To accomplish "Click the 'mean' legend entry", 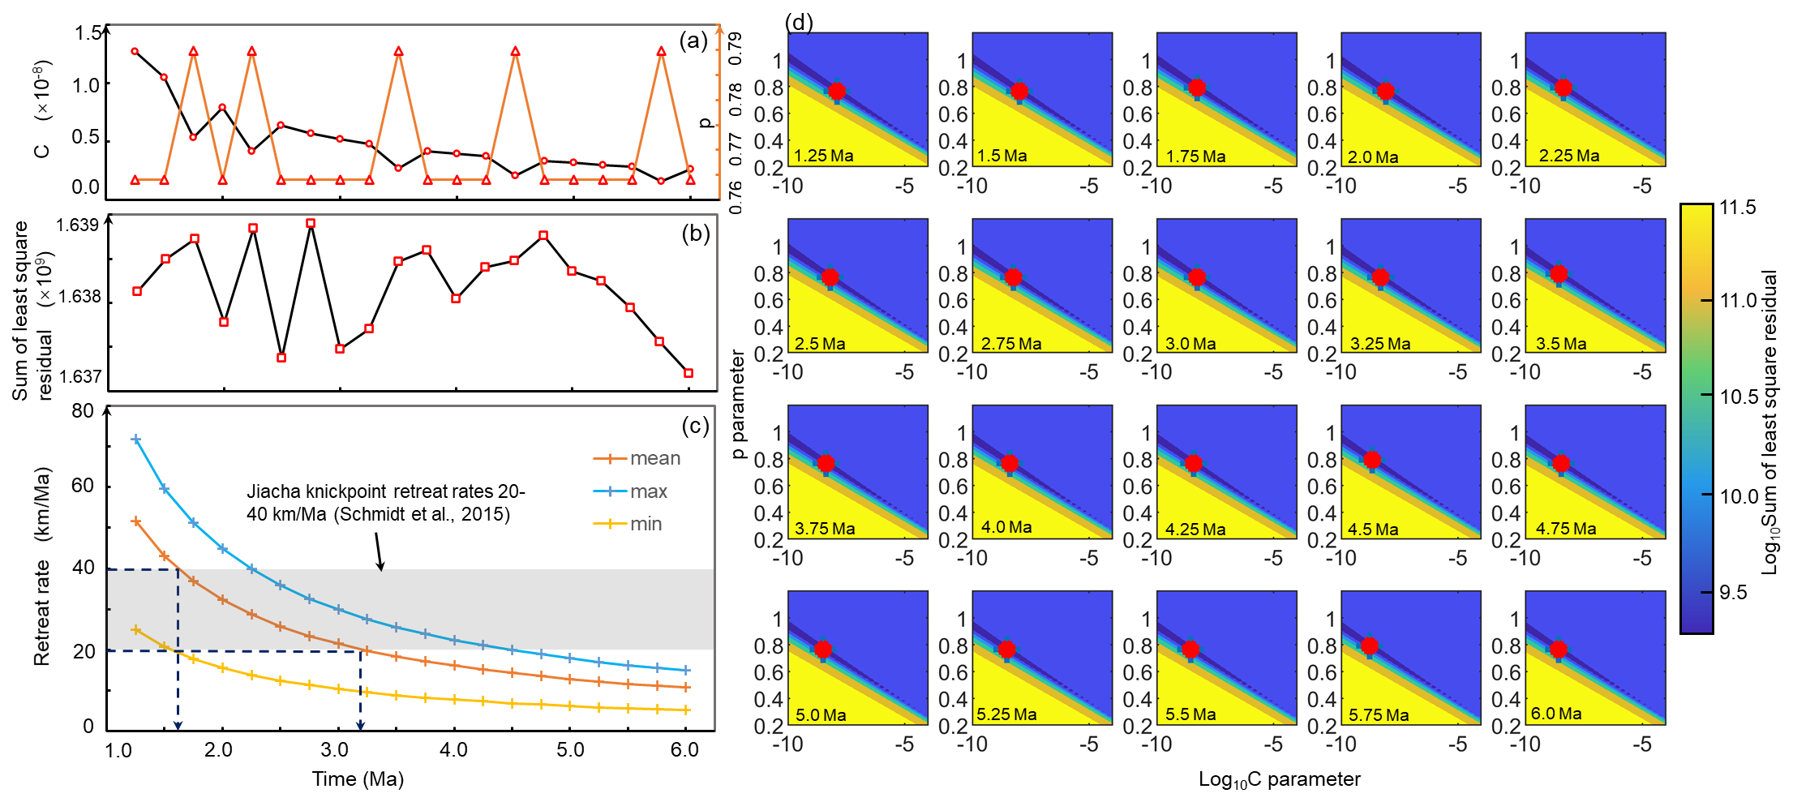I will (654, 459).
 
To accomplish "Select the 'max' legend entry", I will (648, 491).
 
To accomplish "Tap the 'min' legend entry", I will (646, 524).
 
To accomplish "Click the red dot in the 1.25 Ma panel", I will (837, 91).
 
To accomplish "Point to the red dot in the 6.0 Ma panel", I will (1558, 649).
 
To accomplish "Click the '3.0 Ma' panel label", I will (1190, 344).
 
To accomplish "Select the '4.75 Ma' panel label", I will (1565, 529).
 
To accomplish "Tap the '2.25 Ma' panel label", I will (1568, 156).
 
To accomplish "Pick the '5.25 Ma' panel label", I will (1006, 714).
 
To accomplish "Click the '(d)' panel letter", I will (799, 23).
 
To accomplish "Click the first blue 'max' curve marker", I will (136, 440).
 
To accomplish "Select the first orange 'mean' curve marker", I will (136, 521).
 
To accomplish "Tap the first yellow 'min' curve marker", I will (136, 629).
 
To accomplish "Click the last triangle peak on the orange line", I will (662, 51).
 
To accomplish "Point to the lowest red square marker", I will (688, 373).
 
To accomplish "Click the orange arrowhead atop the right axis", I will (719, 30).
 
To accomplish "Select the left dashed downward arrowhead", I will (178, 725).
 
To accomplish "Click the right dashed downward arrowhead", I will (361, 725).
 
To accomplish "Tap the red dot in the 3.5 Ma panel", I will (1559, 274).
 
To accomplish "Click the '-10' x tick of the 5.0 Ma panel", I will (787, 744).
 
